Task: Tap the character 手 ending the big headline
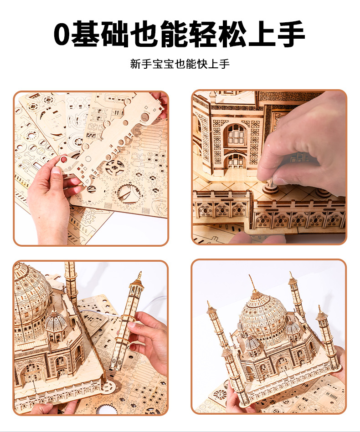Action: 292,34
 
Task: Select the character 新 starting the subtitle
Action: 135,64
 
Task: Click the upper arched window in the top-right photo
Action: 235,135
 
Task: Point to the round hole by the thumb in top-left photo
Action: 64,159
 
